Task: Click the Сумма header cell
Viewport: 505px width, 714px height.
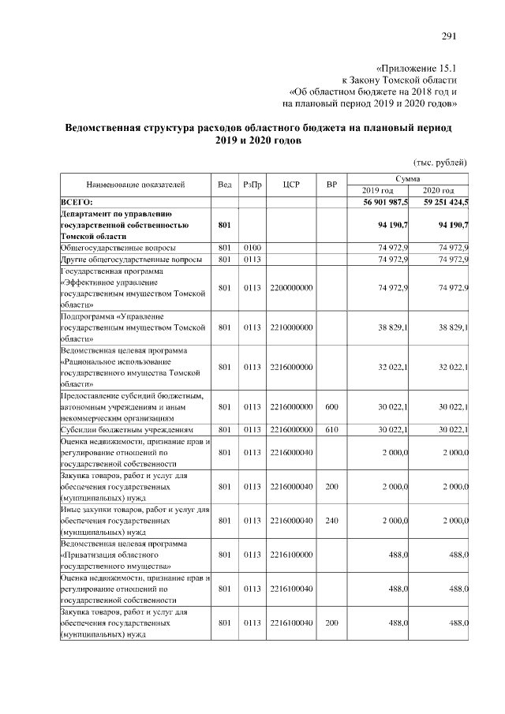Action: click(410, 180)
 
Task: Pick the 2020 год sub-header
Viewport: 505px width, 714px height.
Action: click(440, 191)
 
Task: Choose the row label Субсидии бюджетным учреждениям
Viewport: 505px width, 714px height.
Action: click(127, 430)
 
